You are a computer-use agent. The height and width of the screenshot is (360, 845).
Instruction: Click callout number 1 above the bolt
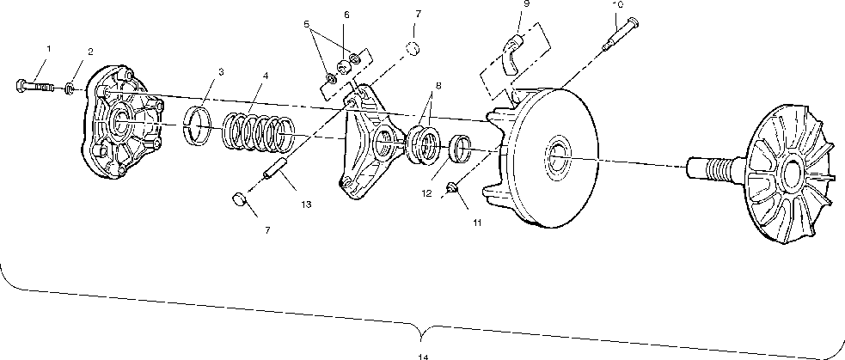(48, 49)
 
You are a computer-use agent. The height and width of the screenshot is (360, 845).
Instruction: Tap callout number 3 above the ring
(221, 72)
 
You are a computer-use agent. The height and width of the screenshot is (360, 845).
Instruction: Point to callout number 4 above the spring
(266, 76)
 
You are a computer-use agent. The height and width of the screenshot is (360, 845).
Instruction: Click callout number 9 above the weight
(525, 4)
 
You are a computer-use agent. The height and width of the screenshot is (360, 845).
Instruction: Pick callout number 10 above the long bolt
(617, 4)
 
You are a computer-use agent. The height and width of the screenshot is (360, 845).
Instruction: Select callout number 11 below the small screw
(477, 223)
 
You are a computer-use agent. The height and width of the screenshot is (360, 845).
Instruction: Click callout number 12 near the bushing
(426, 194)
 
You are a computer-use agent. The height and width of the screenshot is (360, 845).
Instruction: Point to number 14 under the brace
(422, 356)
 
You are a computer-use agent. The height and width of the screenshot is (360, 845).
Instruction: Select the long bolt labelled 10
(619, 38)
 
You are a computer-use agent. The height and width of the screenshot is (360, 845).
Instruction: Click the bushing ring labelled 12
(461, 149)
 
